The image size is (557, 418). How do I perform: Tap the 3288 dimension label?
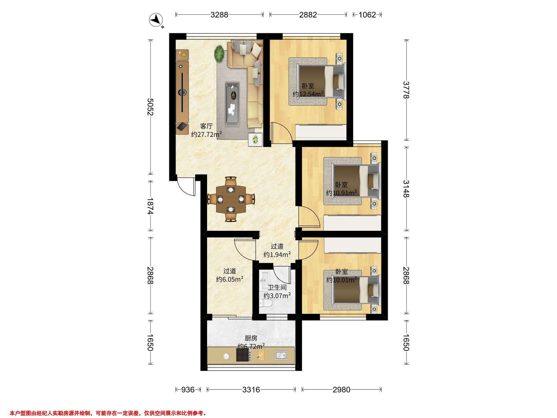(219, 15)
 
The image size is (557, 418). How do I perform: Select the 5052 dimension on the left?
(150, 107)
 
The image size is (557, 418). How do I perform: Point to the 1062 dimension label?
(367, 15)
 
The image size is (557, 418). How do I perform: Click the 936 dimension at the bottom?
(188, 390)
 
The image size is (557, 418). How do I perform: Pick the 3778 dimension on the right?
(406, 90)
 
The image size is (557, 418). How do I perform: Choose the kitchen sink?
(281, 355)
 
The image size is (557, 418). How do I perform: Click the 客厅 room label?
(206, 126)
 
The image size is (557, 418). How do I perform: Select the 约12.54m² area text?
(308, 94)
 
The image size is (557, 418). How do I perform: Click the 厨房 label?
(251, 338)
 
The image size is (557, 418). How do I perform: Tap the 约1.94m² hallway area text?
(277, 255)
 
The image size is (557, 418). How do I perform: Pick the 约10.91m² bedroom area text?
(341, 193)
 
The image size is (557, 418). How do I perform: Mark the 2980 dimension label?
(341, 390)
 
